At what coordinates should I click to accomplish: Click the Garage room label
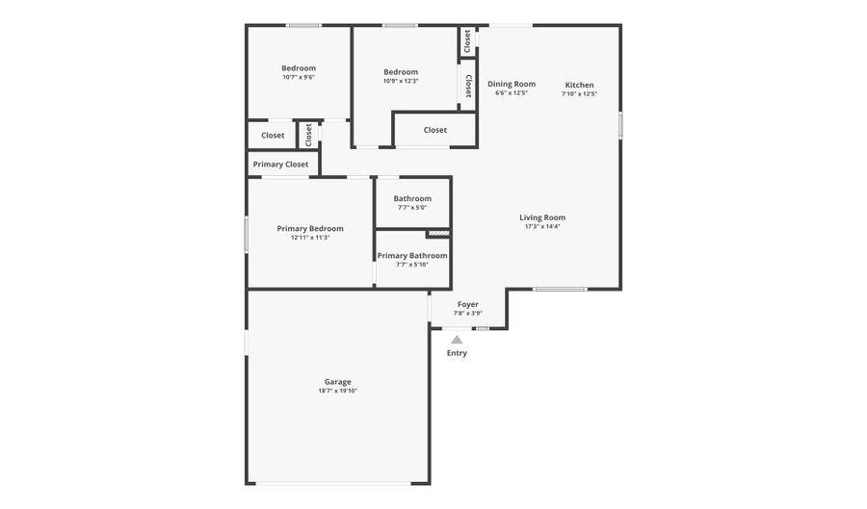[x=337, y=381]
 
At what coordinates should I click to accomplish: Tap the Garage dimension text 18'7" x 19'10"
[x=337, y=391]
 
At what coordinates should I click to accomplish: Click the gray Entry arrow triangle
[x=457, y=340]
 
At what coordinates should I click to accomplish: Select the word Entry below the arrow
[x=457, y=353]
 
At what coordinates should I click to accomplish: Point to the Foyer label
[x=468, y=304]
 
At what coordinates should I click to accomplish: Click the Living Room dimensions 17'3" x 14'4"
[x=541, y=226]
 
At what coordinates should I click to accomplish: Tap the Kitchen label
[x=580, y=85]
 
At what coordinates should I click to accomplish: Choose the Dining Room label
[x=512, y=84]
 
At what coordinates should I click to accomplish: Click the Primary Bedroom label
[x=310, y=229]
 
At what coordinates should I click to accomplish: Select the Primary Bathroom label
[x=412, y=256]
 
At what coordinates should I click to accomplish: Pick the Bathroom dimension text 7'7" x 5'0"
[x=412, y=208]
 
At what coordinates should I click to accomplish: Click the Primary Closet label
[x=281, y=164]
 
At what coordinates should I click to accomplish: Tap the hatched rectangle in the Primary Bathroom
[x=438, y=234]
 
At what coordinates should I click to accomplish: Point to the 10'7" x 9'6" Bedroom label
[x=299, y=68]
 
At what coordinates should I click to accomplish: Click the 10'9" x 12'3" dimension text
[x=401, y=81]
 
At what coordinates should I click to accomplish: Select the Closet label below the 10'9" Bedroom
[x=435, y=130]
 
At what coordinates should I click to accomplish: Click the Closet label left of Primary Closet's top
[x=273, y=136]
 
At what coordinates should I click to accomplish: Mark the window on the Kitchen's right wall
[x=620, y=125]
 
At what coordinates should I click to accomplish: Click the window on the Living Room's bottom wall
[x=560, y=289]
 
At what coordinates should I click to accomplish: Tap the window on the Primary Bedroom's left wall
[x=247, y=235]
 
